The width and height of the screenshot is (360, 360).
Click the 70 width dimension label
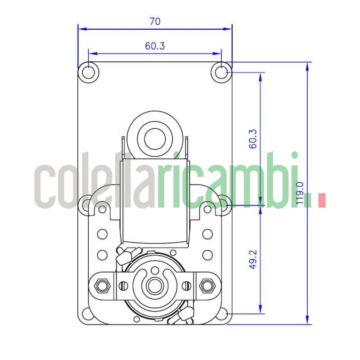[x=155, y=21]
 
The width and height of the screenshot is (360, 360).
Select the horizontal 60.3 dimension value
[x=155, y=45]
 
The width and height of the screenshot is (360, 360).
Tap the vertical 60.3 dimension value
[x=253, y=139]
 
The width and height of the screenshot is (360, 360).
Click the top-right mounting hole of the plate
[x=221, y=72]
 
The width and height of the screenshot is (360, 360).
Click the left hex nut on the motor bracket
[x=102, y=285]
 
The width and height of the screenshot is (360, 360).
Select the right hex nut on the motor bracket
[x=207, y=285]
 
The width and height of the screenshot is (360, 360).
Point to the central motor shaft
[x=155, y=285]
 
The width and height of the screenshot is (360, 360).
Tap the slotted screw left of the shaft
[x=123, y=285]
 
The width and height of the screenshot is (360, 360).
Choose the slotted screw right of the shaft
[x=186, y=285]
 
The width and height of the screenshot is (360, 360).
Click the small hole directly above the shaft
[x=155, y=270]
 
